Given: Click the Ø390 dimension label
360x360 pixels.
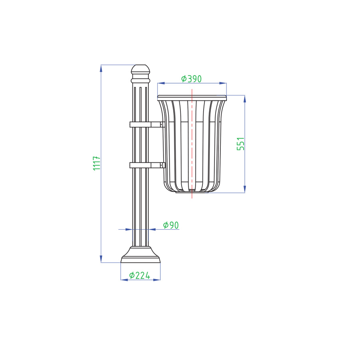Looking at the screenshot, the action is (191, 79).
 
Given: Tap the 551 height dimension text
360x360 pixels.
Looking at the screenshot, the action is (241, 144).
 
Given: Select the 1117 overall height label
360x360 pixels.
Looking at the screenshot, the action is (97, 163).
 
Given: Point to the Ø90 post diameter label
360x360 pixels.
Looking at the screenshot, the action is (171, 225).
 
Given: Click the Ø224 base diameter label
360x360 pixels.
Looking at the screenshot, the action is (140, 275).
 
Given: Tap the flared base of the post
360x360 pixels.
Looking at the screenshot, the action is (140, 255).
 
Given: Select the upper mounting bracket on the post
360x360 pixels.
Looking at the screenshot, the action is (147, 124).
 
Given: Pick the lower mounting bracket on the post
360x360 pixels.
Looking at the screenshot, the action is (147, 165).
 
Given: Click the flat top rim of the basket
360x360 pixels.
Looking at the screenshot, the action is (192, 98).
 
